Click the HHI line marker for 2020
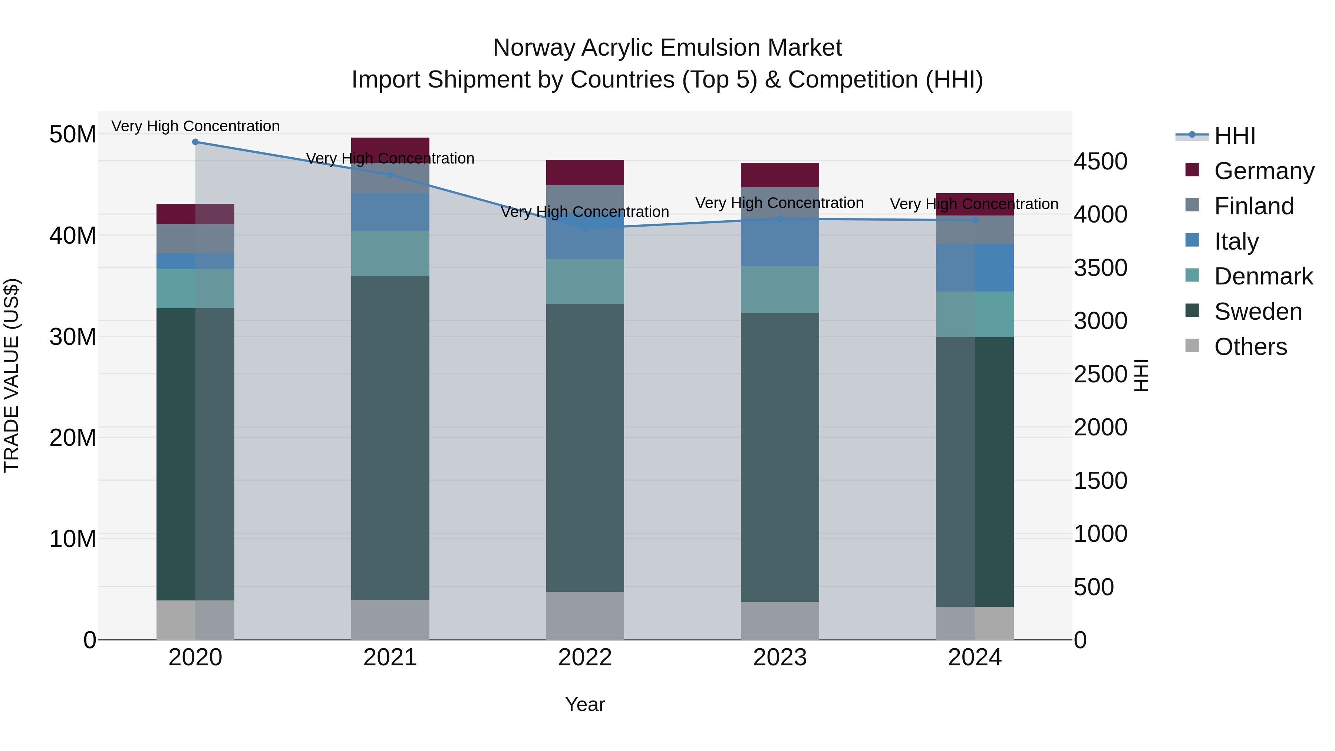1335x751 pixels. point(195,142)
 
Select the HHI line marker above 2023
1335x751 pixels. point(780,219)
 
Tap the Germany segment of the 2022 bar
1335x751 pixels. point(585,172)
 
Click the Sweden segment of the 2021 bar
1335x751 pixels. point(390,438)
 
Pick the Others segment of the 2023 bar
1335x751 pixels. point(780,620)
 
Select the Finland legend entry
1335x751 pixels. point(1254,206)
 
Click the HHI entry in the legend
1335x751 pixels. point(1235,136)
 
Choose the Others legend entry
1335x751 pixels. point(1250,347)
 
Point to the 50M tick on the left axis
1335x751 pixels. point(73,134)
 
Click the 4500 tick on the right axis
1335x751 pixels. point(1100,161)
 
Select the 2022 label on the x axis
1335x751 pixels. point(585,658)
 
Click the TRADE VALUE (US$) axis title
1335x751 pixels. point(11,375)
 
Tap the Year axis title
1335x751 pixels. point(585,704)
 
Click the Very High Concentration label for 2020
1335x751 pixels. point(195,126)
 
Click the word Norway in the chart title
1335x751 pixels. point(533,48)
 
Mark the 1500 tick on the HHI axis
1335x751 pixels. point(1100,480)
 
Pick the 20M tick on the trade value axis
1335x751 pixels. point(73,438)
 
